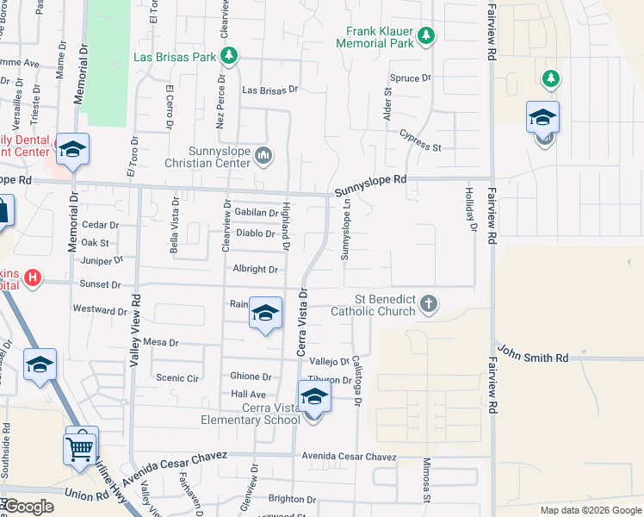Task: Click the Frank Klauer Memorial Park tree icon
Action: coord(425,35)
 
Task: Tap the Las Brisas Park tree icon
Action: coord(228,57)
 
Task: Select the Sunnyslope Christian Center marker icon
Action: coord(263,155)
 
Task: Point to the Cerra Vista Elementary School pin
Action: coord(315,398)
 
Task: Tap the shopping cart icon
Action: coord(80,447)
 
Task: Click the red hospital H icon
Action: coord(33,277)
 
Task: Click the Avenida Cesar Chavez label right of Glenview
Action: coord(349,457)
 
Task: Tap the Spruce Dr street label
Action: coord(410,78)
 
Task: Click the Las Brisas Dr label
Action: coord(269,89)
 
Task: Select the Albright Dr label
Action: coord(255,270)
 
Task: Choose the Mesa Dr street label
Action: coord(161,342)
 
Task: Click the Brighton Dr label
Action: coord(292,499)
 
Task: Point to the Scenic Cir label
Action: coord(178,377)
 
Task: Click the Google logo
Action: coord(28,507)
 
